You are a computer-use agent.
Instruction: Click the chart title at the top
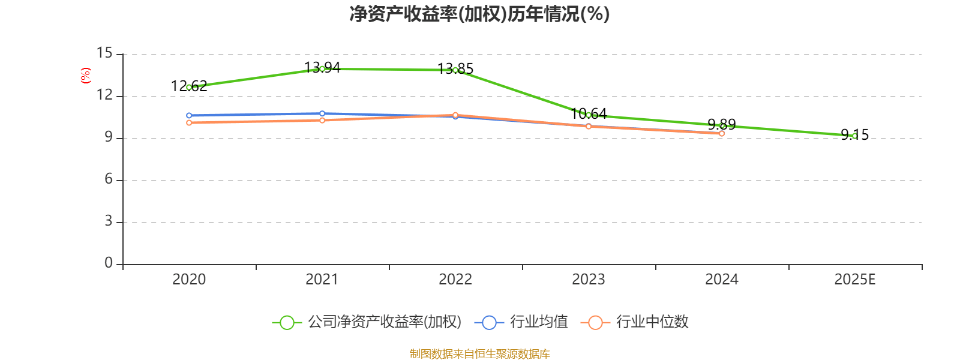pos(479,14)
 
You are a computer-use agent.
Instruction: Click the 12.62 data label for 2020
pos(189,86)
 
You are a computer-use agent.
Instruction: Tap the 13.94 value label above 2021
pos(322,68)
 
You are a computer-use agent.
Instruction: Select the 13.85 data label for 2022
pos(455,69)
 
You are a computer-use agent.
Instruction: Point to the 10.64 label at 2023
pos(589,113)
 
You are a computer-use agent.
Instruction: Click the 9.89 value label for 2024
pos(721,124)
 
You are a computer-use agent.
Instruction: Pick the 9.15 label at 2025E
pos(854,135)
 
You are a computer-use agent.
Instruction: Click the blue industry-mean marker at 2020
pos(189,115)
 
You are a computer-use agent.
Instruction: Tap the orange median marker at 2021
pos(322,121)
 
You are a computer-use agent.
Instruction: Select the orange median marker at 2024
pos(722,134)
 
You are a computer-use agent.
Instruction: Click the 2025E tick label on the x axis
pos(854,280)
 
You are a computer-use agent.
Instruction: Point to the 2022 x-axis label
pos(455,280)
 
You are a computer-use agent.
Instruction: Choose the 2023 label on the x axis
pos(589,280)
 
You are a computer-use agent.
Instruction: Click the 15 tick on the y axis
pos(104,54)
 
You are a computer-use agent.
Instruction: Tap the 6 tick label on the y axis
pos(109,179)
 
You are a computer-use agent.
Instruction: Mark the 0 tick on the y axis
pos(109,263)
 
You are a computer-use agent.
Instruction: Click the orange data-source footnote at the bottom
pos(479,354)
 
